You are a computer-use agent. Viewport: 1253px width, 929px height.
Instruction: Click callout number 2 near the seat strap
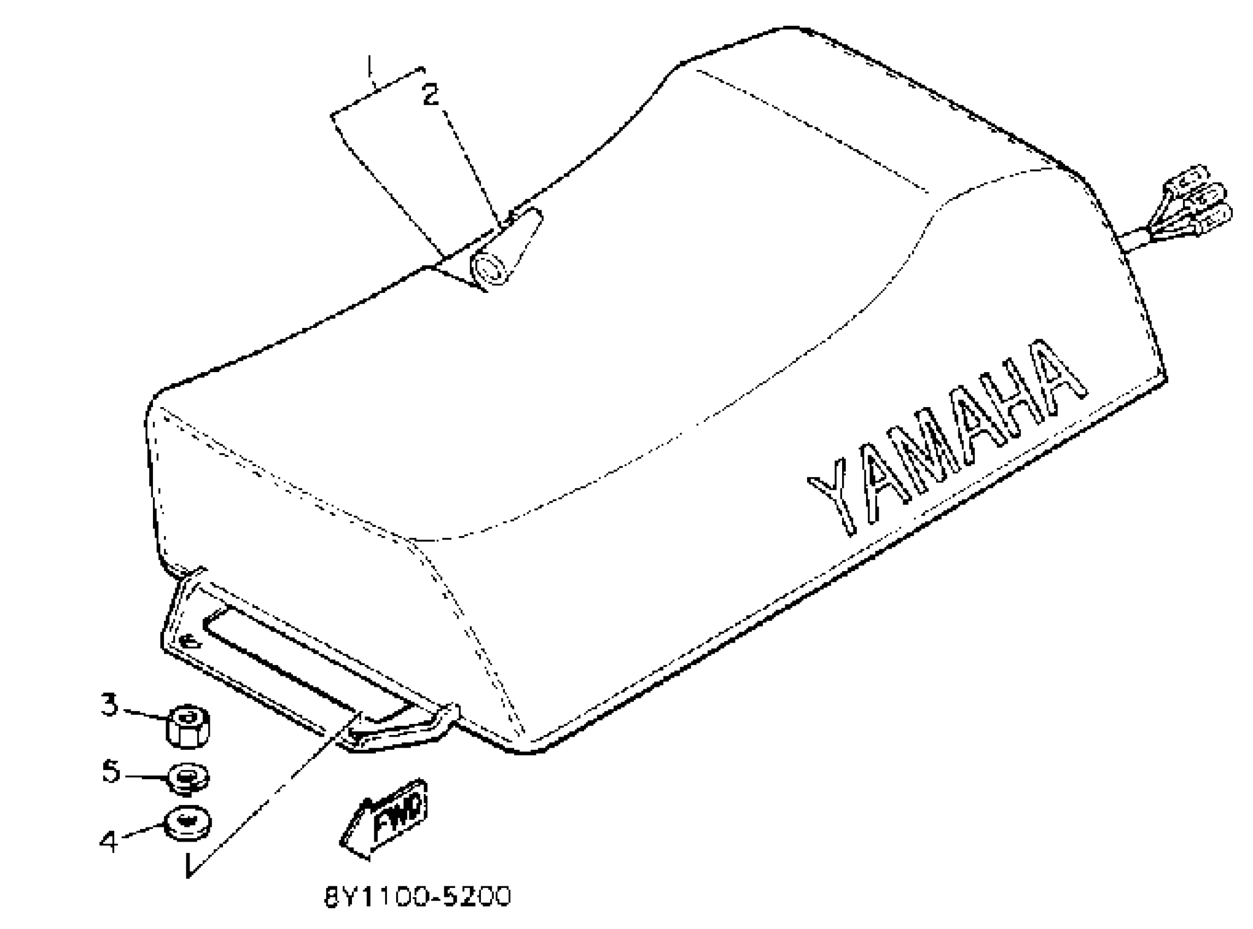[430, 94]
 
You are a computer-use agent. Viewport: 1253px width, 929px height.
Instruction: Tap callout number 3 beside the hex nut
[110, 704]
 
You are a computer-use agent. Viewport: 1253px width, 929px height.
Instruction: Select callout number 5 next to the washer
[111, 771]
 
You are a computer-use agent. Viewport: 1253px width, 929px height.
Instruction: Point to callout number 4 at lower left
[109, 841]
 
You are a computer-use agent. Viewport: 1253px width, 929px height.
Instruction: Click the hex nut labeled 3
[189, 727]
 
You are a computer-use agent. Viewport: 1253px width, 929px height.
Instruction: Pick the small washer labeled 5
[189, 778]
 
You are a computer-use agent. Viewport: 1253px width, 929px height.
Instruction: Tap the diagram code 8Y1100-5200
[418, 896]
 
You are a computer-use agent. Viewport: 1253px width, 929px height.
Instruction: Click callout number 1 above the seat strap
[369, 66]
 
